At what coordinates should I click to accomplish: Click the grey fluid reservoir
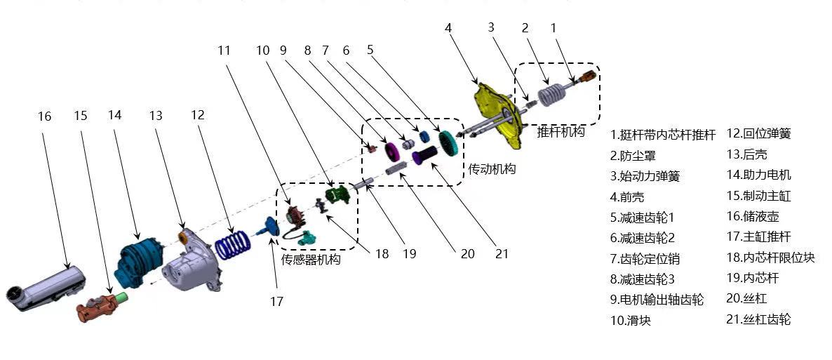click(x=49, y=287)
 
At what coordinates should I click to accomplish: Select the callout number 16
click(x=44, y=116)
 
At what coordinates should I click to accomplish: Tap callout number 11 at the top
click(x=224, y=51)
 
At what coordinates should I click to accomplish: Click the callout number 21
click(x=502, y=254)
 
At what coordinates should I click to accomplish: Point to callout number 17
click(x=276, y=301)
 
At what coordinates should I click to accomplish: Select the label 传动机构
click(x=492, y=169)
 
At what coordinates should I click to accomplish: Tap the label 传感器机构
click(x=311, y=260)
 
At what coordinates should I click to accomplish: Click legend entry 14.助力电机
click(x=758, y=175)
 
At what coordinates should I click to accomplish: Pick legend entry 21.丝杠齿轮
click(x=758, y=319)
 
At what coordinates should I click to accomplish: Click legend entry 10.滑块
click(x=636, y=320)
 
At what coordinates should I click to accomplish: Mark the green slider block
click(x=337, y=194)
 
